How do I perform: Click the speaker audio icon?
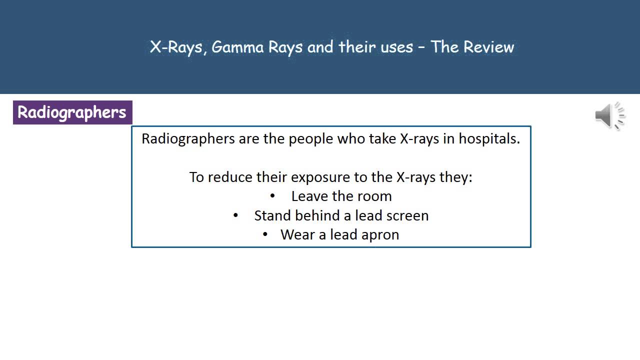click(609, 115)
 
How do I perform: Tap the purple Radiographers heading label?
click(72, 112)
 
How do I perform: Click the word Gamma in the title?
click(237, 47)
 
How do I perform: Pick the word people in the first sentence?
click(311, 138)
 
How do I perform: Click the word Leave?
click(310, 196)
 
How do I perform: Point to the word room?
click(375, 196)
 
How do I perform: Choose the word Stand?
click(272, 215)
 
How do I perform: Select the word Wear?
click(297, 234)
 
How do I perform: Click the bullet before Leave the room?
click(272, 196)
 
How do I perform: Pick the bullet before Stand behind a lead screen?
click(236, 215)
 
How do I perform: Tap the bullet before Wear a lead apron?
click(265, 234)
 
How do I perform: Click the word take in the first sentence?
click(382, 138)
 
